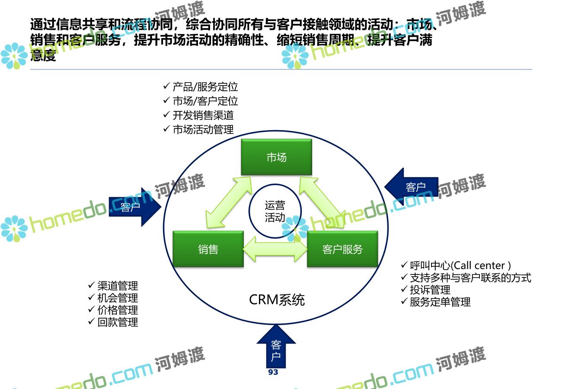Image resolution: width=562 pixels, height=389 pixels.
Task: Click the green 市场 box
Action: point(276,157)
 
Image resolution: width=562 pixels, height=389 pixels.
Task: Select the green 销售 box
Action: point(208,249)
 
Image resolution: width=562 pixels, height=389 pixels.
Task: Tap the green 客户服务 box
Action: point(342,249)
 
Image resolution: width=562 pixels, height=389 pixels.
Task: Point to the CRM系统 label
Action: point(277,300)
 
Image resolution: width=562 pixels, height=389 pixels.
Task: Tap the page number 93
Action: point(273,372)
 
